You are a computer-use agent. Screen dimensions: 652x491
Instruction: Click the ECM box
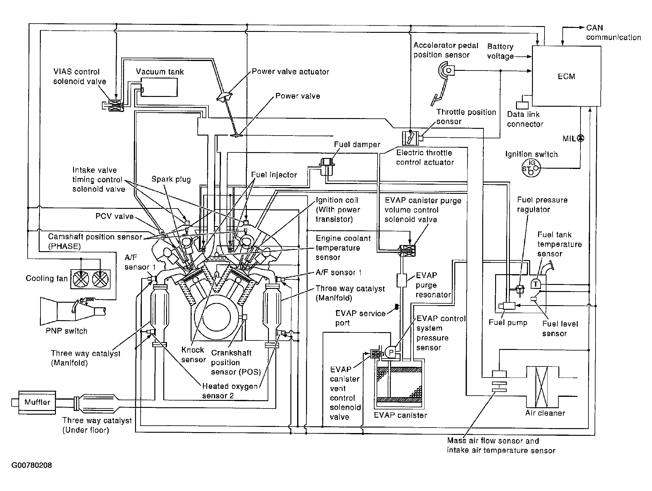[x=566, y=76]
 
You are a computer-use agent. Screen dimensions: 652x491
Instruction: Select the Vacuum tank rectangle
[x=159, y=87]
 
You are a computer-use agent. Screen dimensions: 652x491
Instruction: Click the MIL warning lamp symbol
[x=580, y=138]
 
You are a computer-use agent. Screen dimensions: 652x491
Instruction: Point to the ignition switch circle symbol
[x=531, y=168]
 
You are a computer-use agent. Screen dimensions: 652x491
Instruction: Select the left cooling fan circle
[x=81, y=279]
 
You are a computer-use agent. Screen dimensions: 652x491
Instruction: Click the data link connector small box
[x=522, y=105]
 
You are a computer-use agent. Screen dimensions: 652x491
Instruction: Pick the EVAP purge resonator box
[x=402, y=280]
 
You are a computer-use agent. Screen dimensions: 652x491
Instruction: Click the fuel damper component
[x=326, y=167]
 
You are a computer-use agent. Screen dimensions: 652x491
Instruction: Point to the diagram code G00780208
[x=32, y=466]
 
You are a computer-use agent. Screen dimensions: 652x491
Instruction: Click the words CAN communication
[x=613, y=33]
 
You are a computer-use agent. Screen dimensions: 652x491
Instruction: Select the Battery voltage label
[x=500, y=51]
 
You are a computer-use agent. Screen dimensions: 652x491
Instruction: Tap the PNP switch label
[x=67, y=331]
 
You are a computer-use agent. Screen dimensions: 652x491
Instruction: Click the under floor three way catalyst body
[x=97, y=404]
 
